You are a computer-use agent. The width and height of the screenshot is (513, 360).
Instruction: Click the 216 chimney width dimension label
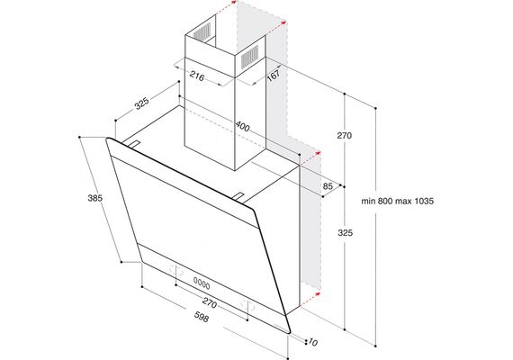tap(197, 76)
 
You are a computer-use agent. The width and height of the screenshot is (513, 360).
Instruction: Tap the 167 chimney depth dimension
tap(274, 75)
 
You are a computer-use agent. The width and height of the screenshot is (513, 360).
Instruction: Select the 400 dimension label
tap(242, 126)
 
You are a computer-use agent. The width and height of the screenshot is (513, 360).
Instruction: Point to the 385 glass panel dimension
tap(94, 198)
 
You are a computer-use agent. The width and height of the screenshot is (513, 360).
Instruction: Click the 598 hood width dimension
tap(202, 317)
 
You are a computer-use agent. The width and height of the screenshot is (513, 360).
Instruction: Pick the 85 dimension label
tap(328, 186)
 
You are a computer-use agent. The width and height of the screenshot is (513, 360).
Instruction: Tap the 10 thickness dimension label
tap(313, 343)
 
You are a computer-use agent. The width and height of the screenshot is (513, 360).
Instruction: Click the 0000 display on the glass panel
tap(202, 283)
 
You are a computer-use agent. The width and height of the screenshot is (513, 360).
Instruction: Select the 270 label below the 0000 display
tap(210, 303)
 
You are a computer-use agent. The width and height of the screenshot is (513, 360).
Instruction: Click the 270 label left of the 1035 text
tap(344, 136)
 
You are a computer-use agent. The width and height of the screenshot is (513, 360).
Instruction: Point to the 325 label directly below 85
tap(346, 233)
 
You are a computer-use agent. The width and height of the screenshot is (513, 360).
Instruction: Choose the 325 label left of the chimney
tap(142, 103)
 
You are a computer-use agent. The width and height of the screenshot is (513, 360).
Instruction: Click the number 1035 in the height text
tap(424, 201)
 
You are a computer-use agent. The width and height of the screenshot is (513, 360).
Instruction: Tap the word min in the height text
tap(368, 201)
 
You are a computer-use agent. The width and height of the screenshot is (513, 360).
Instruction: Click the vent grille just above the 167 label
tap(249, 58)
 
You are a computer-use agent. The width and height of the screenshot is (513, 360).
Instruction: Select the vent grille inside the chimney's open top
tap(202, 32)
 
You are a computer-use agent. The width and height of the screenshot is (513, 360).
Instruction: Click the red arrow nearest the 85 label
tap(310, 158)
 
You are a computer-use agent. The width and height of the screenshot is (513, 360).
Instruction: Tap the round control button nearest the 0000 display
tap(176, 270)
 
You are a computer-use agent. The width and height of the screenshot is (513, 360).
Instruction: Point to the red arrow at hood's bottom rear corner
tap(310, 299)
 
